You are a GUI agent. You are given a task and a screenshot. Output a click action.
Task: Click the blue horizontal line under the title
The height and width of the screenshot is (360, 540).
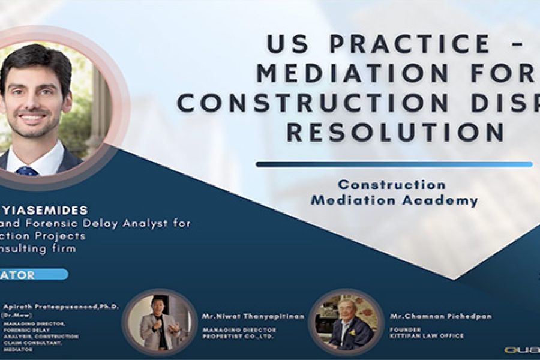point(394,164)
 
